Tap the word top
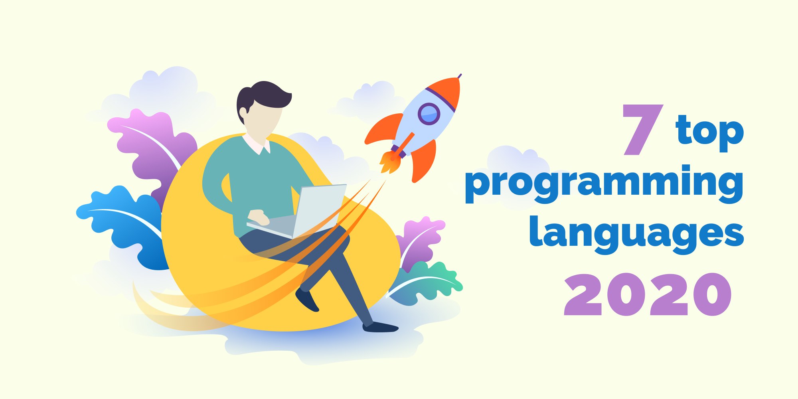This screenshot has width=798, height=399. pos(710,131)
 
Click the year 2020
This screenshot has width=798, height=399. pos(648,295)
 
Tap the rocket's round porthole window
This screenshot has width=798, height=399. pos(429,114)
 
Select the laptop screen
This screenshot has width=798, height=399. pos(319,210)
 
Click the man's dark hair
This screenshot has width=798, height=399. pos(261,96)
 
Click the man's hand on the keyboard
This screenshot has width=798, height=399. pos(259,217)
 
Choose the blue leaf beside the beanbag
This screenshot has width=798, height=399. pos(120,223)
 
